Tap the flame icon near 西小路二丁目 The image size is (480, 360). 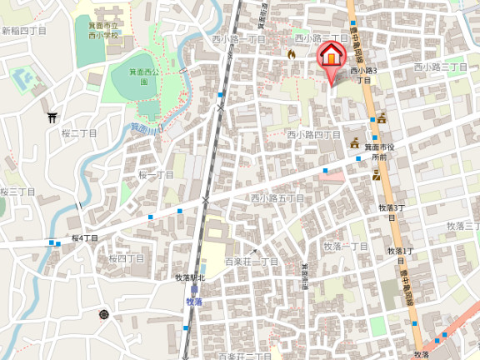click(x=291, y=54)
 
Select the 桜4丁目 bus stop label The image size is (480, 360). click(x=84, y=238)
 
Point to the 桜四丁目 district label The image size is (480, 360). click(x=126, y=258)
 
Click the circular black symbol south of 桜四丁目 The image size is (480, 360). click(x=104, y=314)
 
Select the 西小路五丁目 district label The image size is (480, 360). click(x=277, y=198)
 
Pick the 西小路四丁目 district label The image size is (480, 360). click(x=314, y=134)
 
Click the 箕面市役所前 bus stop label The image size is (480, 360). click(x=379, y=152)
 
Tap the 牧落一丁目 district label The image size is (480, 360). click(x=346, y=246)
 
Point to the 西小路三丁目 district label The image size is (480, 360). click(x=441, y=67)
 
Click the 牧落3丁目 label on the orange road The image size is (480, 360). click(x=392, y=207)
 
